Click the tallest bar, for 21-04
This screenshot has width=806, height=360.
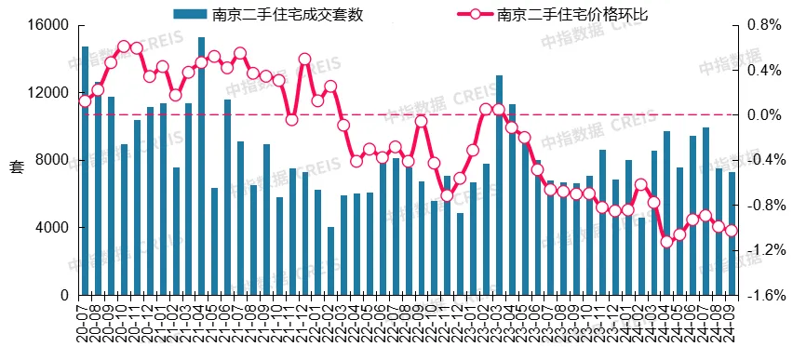coord(201,167)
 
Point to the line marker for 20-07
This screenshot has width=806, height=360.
coord(85,100)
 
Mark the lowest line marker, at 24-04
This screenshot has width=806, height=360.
coord(666,242)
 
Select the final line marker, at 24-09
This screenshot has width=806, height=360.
coord(732,231)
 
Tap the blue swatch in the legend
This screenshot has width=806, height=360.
coord(190,14)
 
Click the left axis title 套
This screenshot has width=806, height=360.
coord(16,167)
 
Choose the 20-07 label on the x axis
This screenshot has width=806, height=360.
coord(85,326)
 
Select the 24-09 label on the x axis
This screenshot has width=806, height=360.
coord(732,326)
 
